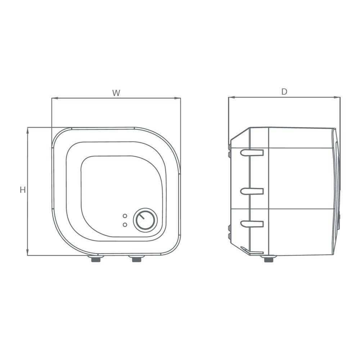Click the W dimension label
tap(116, 93)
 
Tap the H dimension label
tap(23, 190)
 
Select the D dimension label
tap(284, 92)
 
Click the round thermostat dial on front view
tap(145, 220)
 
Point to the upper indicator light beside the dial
tap(125, 216)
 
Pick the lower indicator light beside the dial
tap(125, 225)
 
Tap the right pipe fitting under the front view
tap(136, 258)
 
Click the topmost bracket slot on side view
tap(252, 153)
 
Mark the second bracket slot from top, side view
tap(252, 191)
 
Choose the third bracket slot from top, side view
tap(252, 224)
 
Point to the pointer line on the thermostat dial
tap(143, 217)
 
